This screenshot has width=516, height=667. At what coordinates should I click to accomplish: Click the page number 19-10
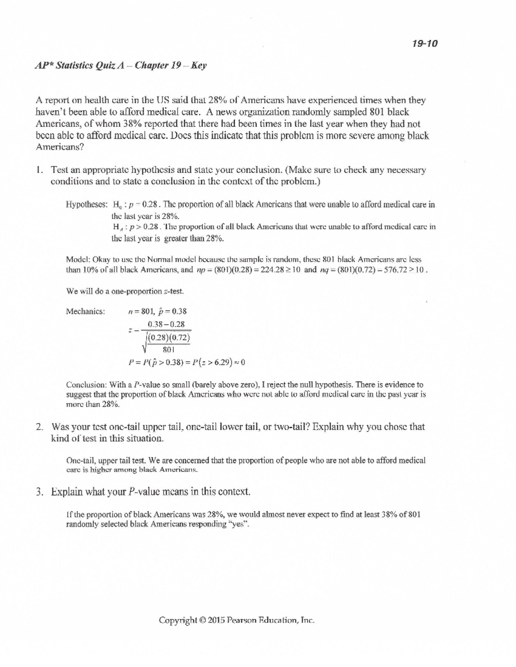click(424, 43)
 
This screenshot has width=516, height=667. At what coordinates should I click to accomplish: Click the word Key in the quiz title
click(199, 66)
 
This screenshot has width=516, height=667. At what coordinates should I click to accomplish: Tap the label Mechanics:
click(85, 311)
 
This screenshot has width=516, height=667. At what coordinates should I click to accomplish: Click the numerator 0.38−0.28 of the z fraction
click(166, 324)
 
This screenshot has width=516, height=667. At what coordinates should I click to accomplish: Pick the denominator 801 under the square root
click(168, 350)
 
